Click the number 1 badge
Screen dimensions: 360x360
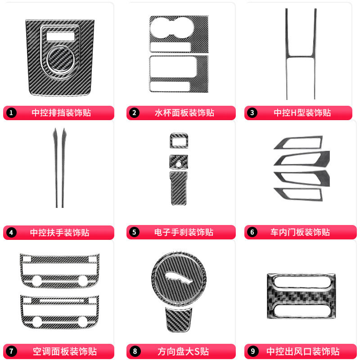(x=11, y=113)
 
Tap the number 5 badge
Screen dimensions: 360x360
(x=134, y=232)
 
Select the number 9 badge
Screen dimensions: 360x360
(x=252, y=351)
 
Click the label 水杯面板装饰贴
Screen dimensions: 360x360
(x=184, y=113)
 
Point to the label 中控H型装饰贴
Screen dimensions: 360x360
(x=302, y=113)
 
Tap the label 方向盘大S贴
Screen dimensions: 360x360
(x=183, y=351)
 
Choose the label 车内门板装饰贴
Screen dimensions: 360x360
(x=300, y=232)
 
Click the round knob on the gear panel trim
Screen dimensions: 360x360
(x=60, y=59)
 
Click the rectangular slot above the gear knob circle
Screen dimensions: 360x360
(x=61, y=37)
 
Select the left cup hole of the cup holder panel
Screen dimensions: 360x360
(x=160, y=28)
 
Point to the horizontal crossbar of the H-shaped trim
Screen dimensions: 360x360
(x=301, y=56)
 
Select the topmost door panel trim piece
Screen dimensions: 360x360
(x=298, y=142)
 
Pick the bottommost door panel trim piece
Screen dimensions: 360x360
(x=298, y=194)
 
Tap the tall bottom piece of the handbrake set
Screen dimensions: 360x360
(x=179, y=188)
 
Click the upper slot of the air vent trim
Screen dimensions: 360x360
(x=301, y=282)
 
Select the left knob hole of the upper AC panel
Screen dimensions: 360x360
(x=37, y=281)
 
